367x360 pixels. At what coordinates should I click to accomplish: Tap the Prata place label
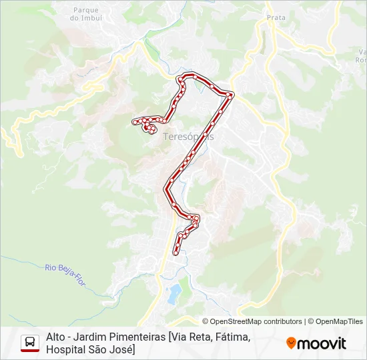point(276,18)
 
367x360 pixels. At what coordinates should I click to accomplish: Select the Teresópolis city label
point(188,135)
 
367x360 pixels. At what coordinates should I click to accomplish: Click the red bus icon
point(30,343)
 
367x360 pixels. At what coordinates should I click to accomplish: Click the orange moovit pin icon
point(291,343)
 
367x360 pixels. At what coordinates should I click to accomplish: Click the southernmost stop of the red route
point(175,253)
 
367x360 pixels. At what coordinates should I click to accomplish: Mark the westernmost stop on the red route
point(134,121)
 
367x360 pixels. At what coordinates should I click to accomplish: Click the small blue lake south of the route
point(173,291)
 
